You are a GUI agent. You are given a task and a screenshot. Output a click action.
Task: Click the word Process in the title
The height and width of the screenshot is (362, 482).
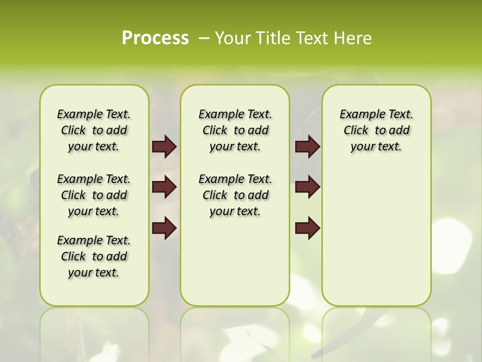pyautogui.click(x=155, y=38)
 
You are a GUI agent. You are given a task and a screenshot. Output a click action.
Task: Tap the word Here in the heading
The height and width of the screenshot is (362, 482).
pyautogui.click(x=353, y=38)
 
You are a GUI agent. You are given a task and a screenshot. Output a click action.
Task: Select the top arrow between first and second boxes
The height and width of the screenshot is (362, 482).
pyautogui.click(x=164, y=147)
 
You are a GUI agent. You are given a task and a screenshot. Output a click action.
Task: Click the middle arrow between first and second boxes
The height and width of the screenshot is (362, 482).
pyautogui.click(x=164, y=188)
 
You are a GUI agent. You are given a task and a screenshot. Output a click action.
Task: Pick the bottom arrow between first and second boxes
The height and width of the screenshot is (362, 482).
pyautogui.click(x=164, y=228)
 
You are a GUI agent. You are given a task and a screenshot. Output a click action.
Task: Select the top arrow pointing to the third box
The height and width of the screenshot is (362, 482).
pyautogui.click(x=307, y=147)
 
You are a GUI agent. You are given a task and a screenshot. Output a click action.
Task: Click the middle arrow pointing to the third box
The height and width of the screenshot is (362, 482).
pyautogui.click(x=307, y=188)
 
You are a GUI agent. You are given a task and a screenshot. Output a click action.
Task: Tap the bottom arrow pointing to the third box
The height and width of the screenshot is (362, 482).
pyautogui.click(x=307, y=228)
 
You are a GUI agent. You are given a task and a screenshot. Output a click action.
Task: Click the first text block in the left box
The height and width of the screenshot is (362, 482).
pyautogui.click(x=94, y=130)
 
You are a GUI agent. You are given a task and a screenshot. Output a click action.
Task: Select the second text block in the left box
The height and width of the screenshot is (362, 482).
pyautogui.click(x=94, y=195)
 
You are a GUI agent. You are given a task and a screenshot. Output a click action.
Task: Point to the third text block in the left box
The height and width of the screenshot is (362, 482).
pyautogui.click(x=94, y=256)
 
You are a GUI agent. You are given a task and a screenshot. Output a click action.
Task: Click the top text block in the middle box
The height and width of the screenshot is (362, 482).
pyautogui.click(x=235, y=130)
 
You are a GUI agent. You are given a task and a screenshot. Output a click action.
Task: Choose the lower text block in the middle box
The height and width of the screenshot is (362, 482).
pyautogui.click(x=235, y=195)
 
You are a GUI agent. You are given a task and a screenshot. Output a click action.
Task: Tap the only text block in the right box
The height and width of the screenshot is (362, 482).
pyautogui.click(x=376, y=130)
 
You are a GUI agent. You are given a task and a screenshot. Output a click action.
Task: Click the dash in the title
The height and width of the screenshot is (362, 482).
pyautogui.click(x=204, y=38)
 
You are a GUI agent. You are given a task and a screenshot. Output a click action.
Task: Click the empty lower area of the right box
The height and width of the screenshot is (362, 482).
pyautogui.click(x=376, y=236)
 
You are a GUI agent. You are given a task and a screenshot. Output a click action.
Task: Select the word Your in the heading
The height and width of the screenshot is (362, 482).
pyautogui.click(x=232, y=38)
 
